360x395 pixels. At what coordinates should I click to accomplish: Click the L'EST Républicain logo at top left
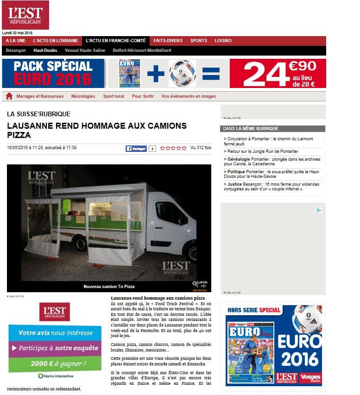pyautogui.click(x=25, y=15)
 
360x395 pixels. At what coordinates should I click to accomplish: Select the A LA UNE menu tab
pyautogui.click(x=16, y=41)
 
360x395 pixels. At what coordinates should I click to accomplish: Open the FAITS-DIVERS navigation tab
pyautogui.click(x=168, y=41)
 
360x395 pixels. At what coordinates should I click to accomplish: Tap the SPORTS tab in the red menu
pyautogui.click(x=199, y=41)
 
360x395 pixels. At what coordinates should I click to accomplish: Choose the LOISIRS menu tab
pyautogui.click(x=223, y=41)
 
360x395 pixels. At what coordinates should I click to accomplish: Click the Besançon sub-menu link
pyautogui.click(x=16, y=50)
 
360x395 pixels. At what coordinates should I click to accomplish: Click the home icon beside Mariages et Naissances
pyautogui.click(x=9, y=96)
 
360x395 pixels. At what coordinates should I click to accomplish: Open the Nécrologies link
pyautogui.click(x=83, y=96)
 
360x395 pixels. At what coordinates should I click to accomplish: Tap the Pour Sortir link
pyautogui.click(x=143, y=96)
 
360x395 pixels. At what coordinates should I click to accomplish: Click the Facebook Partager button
pyautogui.click(x=136, y=149)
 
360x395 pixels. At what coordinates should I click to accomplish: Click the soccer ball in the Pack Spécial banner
pyautogui.click(x=183, y=73)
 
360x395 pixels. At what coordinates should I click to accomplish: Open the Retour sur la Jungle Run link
pyautogui.click(x=262, y=151)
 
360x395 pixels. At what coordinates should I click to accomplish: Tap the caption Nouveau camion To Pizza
pyautogui.click(x=109, y=287)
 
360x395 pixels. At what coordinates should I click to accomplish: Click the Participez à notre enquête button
pyautogui.click(x=55, y=348)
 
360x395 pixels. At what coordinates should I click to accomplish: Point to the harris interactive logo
pyautogui.click(x=55, y=376)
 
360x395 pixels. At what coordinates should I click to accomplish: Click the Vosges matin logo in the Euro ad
pyautogui.click(x=310, y=378)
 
